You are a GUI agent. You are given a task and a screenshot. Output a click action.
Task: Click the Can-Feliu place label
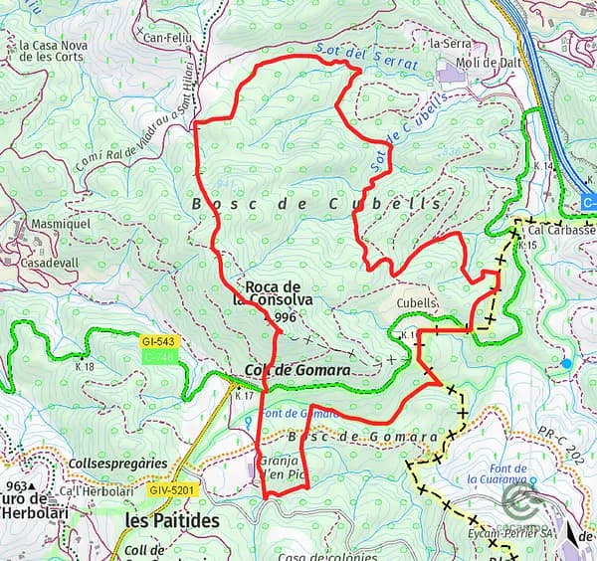pyautogui.click(x=166, y=39)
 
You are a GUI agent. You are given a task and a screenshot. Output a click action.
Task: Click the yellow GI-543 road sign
pyautogui.click(x=158, y=342)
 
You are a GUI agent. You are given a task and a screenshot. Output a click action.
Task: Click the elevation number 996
pyautogui.click(x=286, y=317)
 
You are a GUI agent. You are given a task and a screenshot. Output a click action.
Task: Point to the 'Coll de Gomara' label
pyautogui.click(x=297, y=370)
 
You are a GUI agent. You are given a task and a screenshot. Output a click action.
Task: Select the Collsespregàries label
pyautogui.click(x=118, y=464)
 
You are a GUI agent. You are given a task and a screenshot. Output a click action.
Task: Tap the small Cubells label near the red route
pyautogui.click(x=417, y=303)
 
